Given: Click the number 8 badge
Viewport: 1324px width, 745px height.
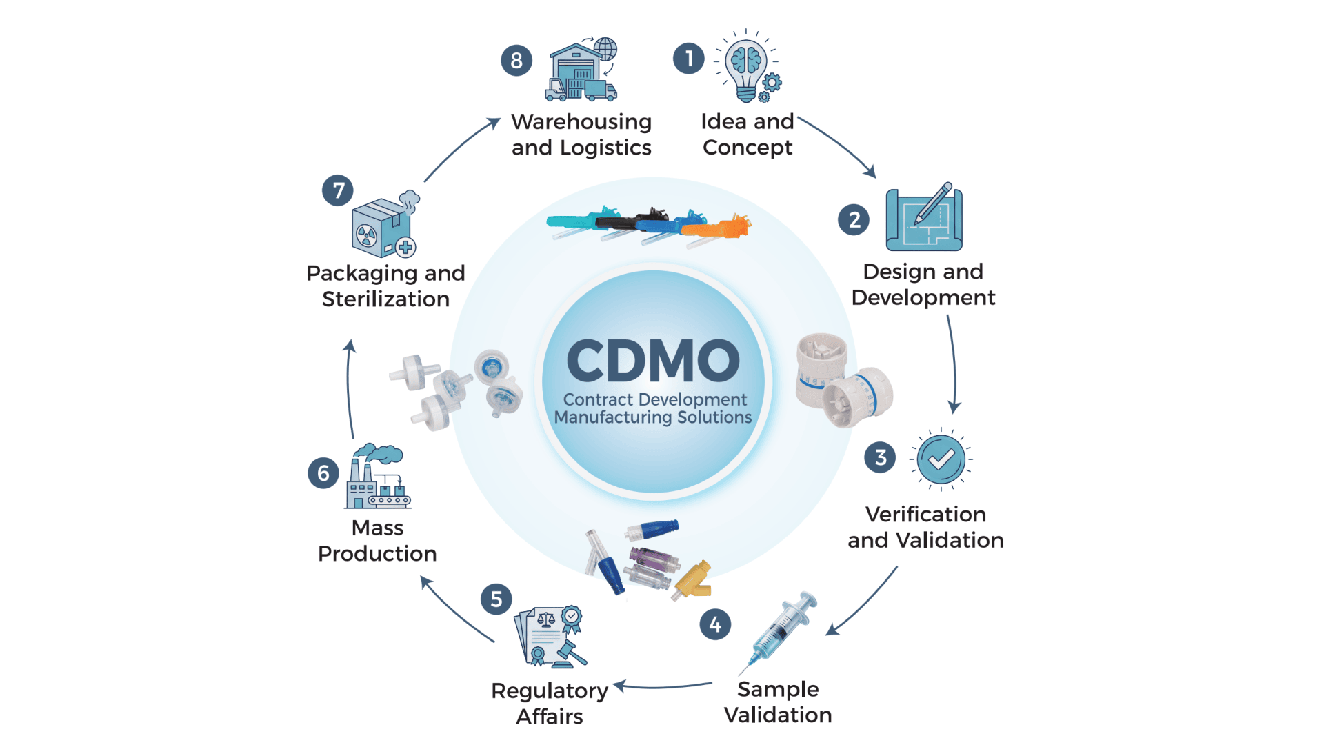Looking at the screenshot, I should [x=516, y=61].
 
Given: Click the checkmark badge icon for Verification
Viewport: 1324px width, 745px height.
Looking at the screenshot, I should [x=941, y=459].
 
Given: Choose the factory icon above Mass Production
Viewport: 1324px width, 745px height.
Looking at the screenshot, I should [x=377, y=477].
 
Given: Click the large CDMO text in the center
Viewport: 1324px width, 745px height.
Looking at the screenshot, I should [x=653, y=361].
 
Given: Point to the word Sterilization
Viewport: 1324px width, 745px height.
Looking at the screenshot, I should [x=385, y=299].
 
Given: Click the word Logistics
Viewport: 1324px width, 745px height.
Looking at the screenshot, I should [x=605, y=148].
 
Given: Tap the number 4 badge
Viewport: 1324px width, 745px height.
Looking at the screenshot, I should [x=715, y=625].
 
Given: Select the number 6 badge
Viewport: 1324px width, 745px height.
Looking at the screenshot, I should [x=323, y=473].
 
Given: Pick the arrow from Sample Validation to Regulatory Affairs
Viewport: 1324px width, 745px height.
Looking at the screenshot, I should [x=662, y=686].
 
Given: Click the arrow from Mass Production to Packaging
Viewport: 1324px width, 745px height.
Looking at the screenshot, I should [x=349, y=390].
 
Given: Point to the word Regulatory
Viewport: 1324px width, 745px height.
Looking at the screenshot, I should [x=550, y=691].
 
